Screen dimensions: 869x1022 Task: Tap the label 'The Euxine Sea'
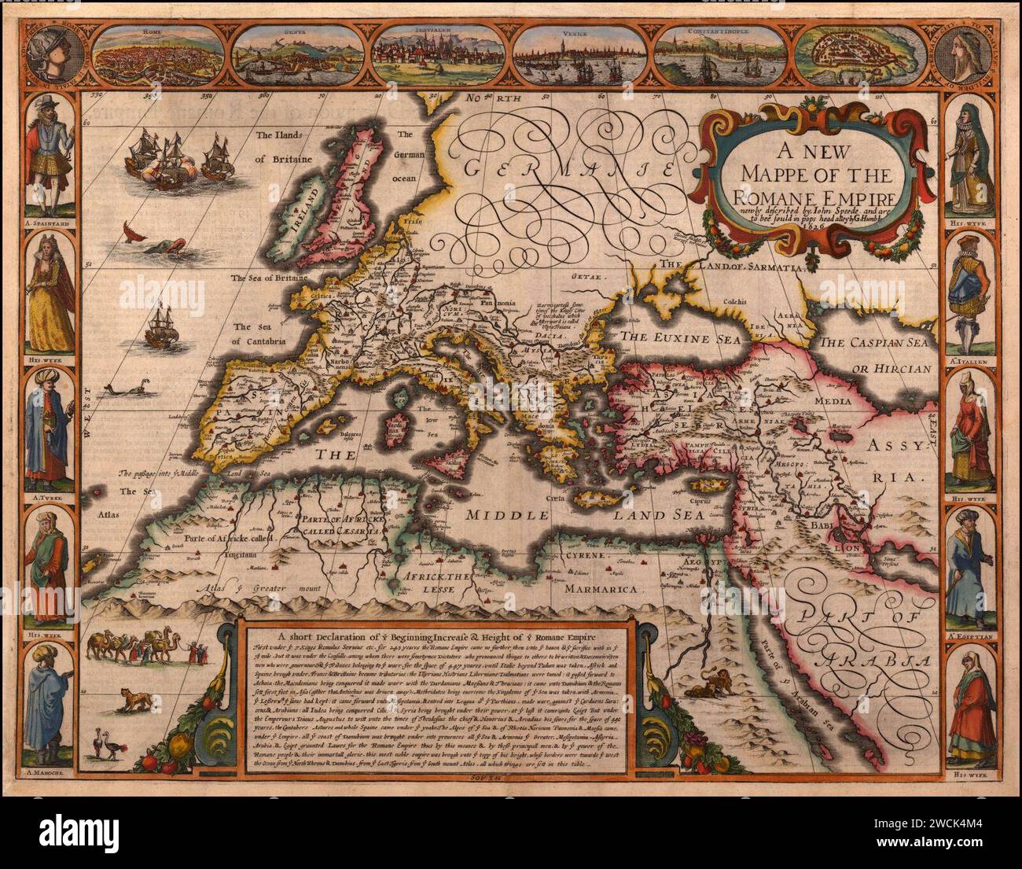tap(672, 337)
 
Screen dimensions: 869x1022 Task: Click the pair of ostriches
tap(108, 742)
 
